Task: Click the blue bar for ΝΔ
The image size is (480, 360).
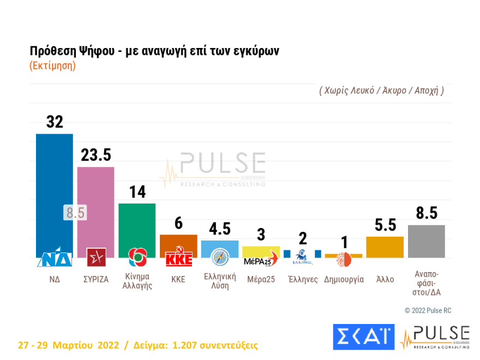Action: (x=54, y=185)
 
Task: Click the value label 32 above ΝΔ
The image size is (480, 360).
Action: (x=55, y=122)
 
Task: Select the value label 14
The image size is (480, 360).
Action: (x=137, y=192)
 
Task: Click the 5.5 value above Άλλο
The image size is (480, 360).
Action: (x=385, y=225)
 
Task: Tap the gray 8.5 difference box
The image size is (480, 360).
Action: (x=75, y=212)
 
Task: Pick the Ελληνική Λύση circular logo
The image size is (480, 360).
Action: (x=220, y=257)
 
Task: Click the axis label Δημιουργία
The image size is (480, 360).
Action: (x=344, y=279)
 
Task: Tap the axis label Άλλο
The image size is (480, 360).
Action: (x=385, y=279)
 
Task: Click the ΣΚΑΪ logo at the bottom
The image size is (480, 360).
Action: (x=363, y=337)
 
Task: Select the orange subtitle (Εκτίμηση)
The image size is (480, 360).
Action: (x=52, y=65)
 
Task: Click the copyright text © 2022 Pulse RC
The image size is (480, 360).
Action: (x=428, y=310)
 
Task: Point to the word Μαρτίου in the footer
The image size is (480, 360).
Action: (x=74, y=345)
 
